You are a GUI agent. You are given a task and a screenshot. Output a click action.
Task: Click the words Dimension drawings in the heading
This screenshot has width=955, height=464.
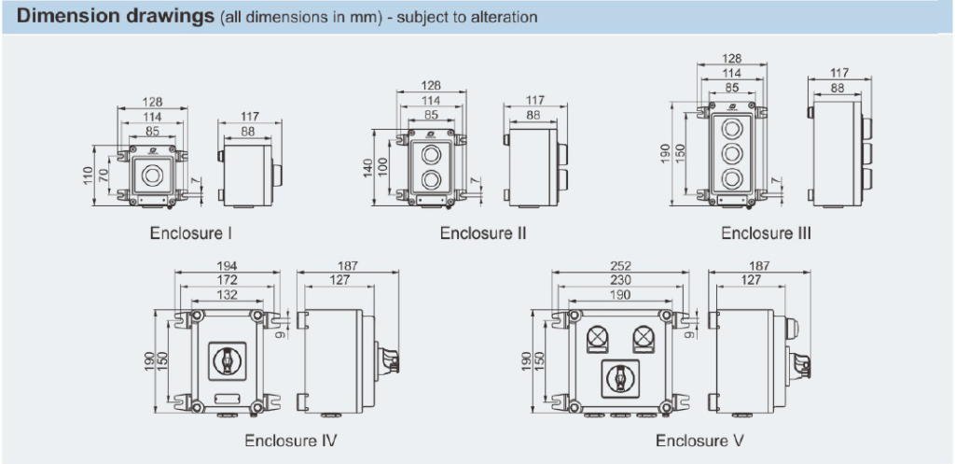[x=114, y=18]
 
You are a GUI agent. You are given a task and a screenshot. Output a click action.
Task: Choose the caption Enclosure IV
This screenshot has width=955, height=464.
[x=290, y=439]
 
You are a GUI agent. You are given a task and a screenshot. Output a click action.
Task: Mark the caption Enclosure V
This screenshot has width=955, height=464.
[x=699, y=439]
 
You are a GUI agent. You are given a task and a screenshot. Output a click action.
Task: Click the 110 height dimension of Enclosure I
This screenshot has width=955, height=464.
[x=90, y=175]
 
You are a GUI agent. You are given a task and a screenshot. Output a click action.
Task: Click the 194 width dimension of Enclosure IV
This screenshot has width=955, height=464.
[x=227, y=266]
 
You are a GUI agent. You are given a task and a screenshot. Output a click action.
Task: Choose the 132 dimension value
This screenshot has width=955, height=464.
[x=227, y=294]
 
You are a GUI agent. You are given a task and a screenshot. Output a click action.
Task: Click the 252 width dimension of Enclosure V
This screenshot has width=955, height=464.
[x=620, y=266]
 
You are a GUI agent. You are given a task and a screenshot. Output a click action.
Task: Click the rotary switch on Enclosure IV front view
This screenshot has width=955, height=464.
[x=227, y=359]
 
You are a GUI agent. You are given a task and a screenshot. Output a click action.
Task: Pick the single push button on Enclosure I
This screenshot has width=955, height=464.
[x=150, y=172]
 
